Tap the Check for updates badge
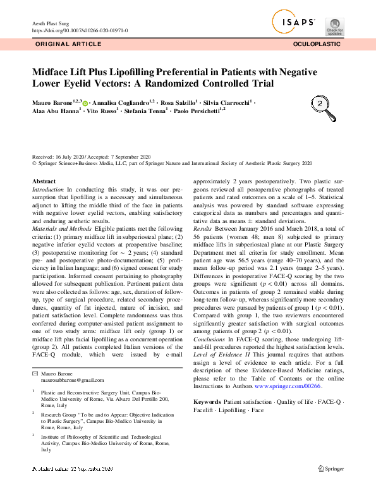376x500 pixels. tap(335, 26)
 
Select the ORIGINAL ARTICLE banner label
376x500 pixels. tap(68, 44)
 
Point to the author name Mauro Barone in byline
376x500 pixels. tap(52, 102)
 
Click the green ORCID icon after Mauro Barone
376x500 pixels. tap(85, 102)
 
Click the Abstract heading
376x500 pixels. tap(44, 181)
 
